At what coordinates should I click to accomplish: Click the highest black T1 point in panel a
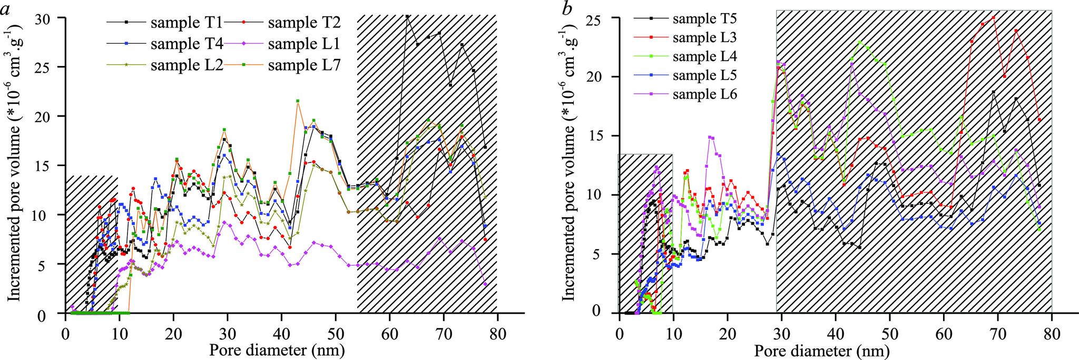click(x=407, y=17)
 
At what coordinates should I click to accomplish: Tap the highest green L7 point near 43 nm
click(x=298, y=101)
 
